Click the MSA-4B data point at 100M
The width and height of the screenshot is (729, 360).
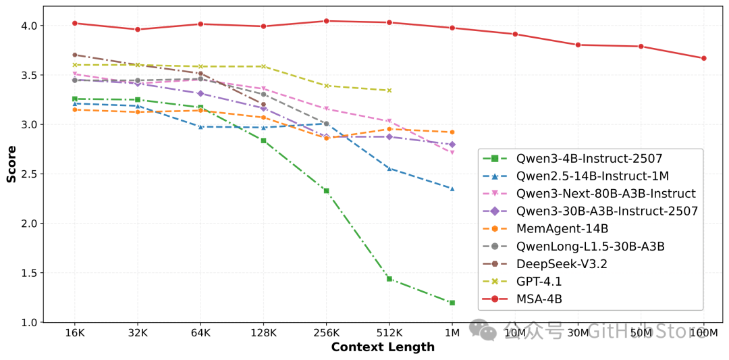(x=703, y=58)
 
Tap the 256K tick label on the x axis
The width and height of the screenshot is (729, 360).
(x=326, y=333)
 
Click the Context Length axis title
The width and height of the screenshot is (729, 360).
(x=383, y=347)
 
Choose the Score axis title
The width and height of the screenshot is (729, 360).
(x=11, y=164)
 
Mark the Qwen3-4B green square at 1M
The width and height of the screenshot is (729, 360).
(x=452, y=303)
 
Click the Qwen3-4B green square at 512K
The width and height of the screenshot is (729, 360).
(x=389, y=278)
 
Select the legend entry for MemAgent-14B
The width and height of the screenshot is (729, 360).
(x=562, y=228)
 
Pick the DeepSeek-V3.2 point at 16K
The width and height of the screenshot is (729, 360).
(x=75, y=55)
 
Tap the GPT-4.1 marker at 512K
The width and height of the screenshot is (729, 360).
(x=389, y=91)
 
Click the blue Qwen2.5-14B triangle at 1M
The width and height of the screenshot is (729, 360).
(x=452, y=188)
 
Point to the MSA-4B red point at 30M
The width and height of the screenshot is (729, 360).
(x=578, y=45)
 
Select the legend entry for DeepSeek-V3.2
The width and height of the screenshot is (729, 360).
(x=562, y=263)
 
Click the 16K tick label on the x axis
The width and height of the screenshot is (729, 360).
(x=75, y=333)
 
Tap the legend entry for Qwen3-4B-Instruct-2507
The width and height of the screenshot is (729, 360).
(x=589, y=159)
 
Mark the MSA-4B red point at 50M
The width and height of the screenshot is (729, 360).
(x=641, y=46)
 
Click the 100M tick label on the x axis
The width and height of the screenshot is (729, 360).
(x=703, y=333)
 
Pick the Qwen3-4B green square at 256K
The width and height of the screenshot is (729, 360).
(x=326, y=190)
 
